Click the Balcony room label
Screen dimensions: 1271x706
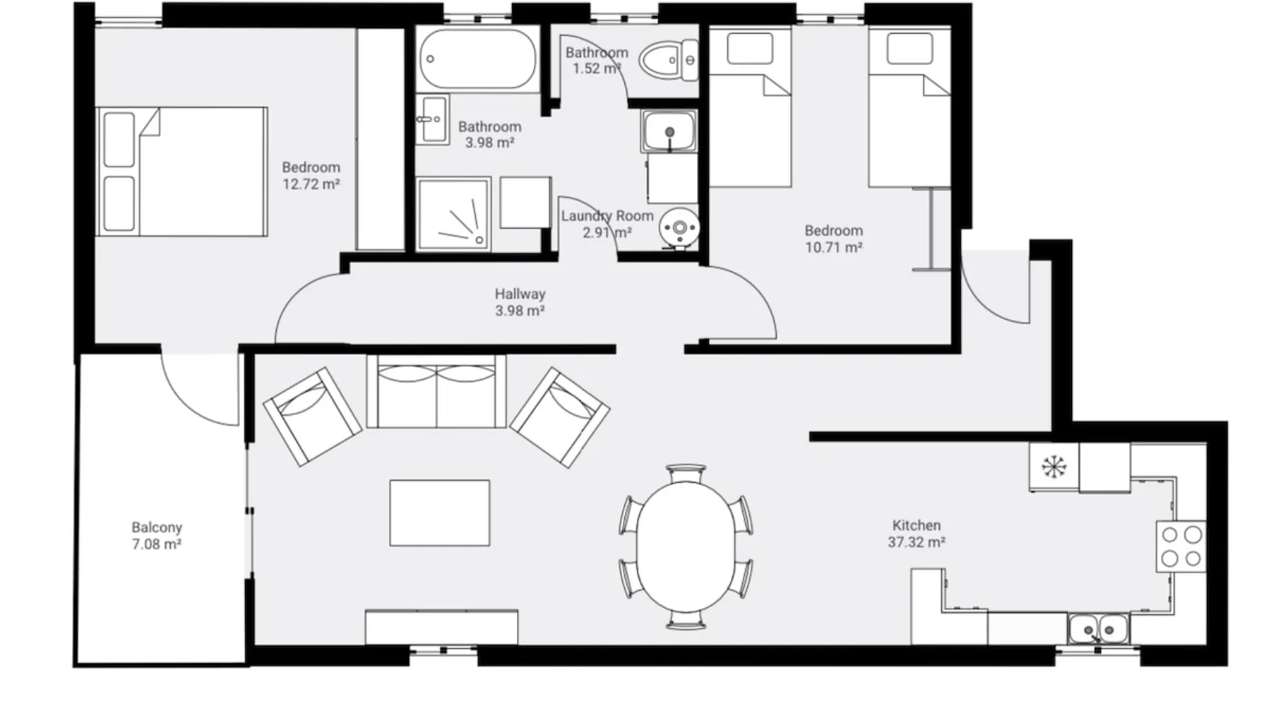click(x=157, y=527)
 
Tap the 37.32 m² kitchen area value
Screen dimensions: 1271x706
click(x=917, y=542)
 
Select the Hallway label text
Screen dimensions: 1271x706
click(x=520, y=294)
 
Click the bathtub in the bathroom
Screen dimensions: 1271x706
click(x=477, y=59)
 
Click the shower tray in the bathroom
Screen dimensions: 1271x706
click(x=453, y=214)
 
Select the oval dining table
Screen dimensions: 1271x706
click(x=686, y=546)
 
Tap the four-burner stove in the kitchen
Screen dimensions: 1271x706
click(x=1181, y=546)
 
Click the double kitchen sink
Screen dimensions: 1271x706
click(x=1098, y=628)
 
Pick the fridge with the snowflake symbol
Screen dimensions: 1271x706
click(x=1054, y=467)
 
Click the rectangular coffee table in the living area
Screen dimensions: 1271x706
click(x=439, y=513)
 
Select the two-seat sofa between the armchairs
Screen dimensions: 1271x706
click(x=436, y=391)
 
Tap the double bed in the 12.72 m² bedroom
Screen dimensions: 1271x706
click(x=181, y=172)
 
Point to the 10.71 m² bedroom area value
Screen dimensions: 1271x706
click(x=833, y=247)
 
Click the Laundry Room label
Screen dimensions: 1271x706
click(x=607, y=215)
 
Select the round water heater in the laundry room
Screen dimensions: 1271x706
click(x=679, y=227)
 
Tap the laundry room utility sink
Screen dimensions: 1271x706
click(x=669, y=131)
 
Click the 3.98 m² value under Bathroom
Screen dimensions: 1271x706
click(x=489, y=143)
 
